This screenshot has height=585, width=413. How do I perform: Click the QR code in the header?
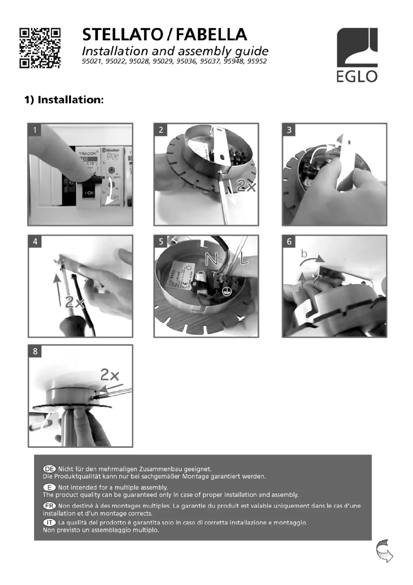tap(40, 47)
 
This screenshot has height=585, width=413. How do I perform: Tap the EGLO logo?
tap(357, 55)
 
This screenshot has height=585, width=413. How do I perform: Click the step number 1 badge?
tap(35, 130)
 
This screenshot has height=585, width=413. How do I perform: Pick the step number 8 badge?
tap(35, 352)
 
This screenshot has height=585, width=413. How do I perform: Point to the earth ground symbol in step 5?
tap(225, 292)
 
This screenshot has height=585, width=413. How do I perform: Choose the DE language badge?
tap(49, 468)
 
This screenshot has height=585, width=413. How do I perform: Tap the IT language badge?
tap(49, 524)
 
